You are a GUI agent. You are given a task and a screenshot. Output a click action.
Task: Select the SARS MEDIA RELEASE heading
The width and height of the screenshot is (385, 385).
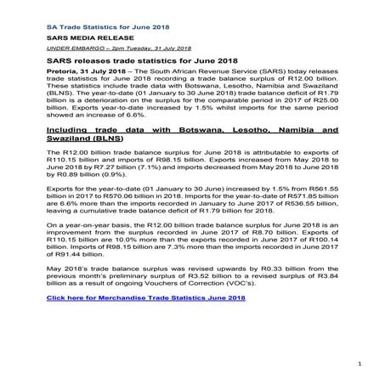[x=82, y=39]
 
